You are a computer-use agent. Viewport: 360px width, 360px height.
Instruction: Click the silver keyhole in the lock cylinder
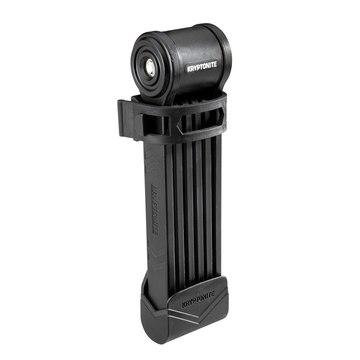tap(150, 67)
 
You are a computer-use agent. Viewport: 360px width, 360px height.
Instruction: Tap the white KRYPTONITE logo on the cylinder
tap(202, 65)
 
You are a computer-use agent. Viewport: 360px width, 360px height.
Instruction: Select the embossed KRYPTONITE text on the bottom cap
tap(198, 299)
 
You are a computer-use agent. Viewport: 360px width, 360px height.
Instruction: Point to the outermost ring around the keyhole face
tap(135, 67)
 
